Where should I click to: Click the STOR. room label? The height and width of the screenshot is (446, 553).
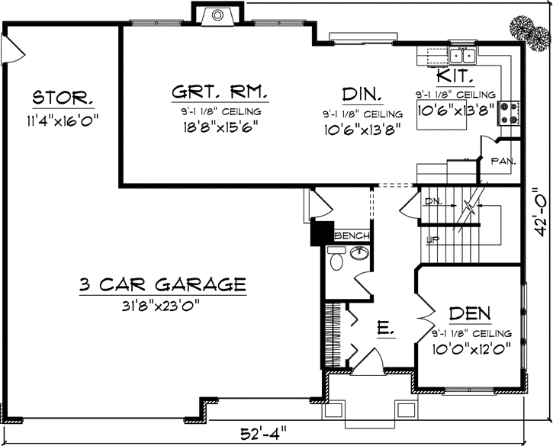(x=64, y=99)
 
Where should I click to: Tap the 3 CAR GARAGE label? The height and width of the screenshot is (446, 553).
(x=162, y=287)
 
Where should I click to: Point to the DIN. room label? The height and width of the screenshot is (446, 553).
(x=362, y=95)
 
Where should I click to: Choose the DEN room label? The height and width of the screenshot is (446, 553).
(x=469, y=313)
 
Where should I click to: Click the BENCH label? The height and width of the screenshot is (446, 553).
(x=353, y=236)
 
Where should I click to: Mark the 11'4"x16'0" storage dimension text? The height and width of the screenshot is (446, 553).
(x=64, y=120)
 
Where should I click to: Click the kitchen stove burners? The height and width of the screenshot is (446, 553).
(x=509, y=114)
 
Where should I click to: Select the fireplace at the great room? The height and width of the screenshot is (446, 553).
(x=217, y=14)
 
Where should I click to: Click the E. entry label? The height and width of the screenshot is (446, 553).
(x=386, y=329)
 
